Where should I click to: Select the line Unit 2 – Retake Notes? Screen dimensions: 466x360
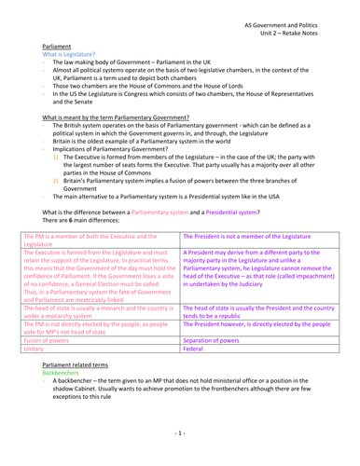[307, 28]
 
